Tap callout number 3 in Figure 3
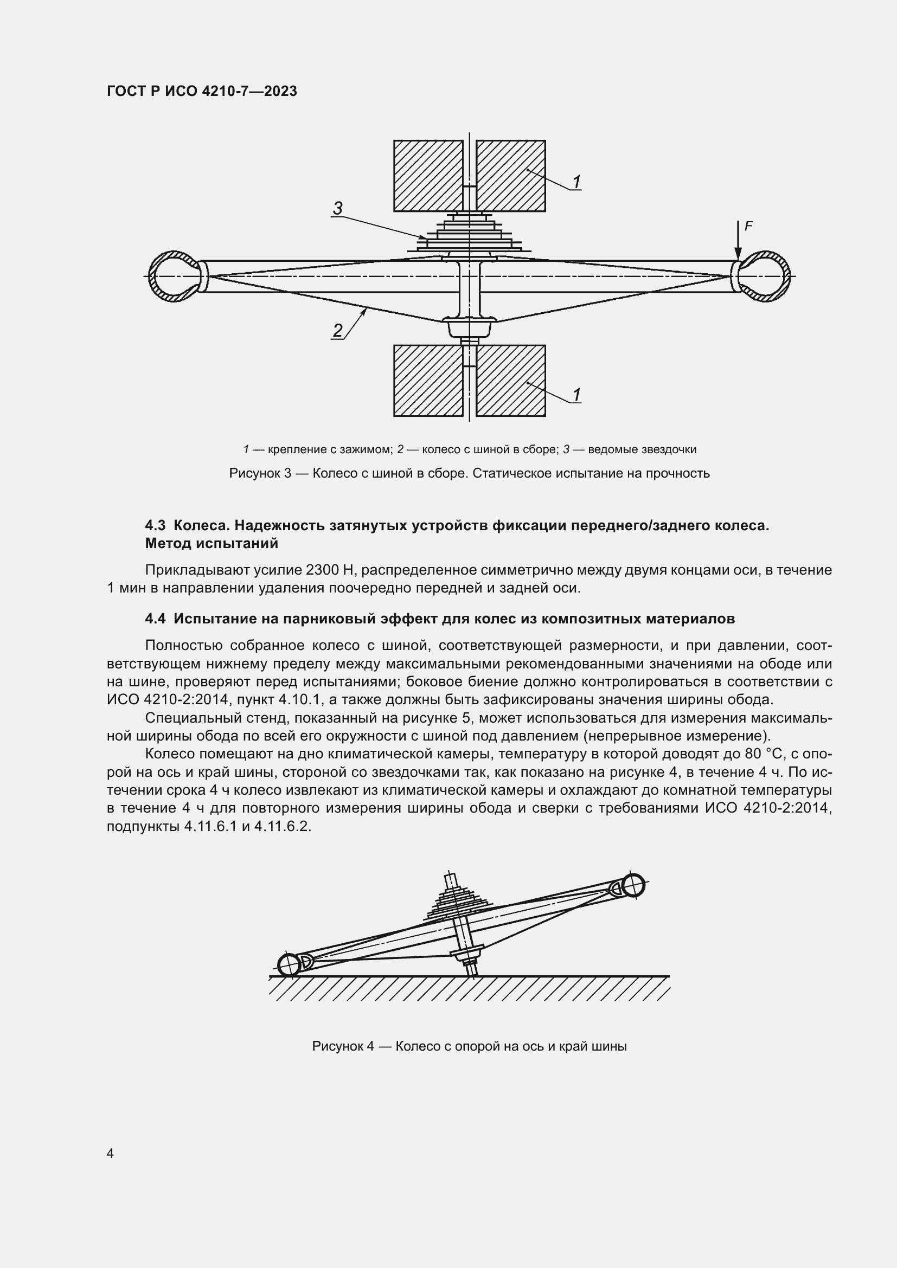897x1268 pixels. coord(337,208)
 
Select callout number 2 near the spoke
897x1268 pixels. coord(337,331)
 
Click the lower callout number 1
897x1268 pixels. coord(576,395)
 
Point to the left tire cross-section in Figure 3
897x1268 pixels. coord(172,276)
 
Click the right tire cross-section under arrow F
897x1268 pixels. coord(765,276)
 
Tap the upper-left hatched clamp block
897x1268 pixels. coord(428,176)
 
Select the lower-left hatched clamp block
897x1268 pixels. coord(428,381)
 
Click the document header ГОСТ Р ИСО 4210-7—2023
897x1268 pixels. coord(202,92)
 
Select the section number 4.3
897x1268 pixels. coord(155,525)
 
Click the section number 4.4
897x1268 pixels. coord(155,619)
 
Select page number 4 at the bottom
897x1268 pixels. coord(110,1153)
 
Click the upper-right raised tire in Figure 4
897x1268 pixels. coord(633,885)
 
